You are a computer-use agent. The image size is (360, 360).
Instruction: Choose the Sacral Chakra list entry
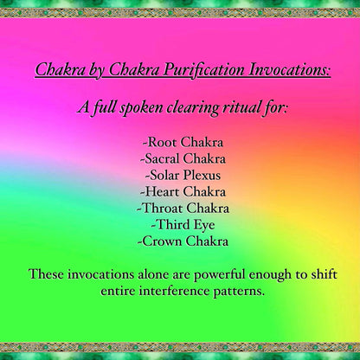[183, 158]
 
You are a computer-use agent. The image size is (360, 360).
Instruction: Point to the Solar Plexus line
[183, 175]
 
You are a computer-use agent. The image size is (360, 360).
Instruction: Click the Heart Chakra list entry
[183, 191]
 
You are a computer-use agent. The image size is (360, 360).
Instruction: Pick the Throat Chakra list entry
[183, 208]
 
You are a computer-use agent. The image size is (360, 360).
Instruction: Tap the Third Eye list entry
[183, 224]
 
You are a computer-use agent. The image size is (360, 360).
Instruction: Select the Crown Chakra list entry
[183, 241]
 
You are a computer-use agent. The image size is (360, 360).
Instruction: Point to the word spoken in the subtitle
[132, 109]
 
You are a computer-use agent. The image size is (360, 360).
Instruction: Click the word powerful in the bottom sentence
[202, 274]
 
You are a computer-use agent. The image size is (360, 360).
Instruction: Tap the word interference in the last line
[181, 291]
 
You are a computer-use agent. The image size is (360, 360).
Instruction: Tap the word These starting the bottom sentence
[45, 274]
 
